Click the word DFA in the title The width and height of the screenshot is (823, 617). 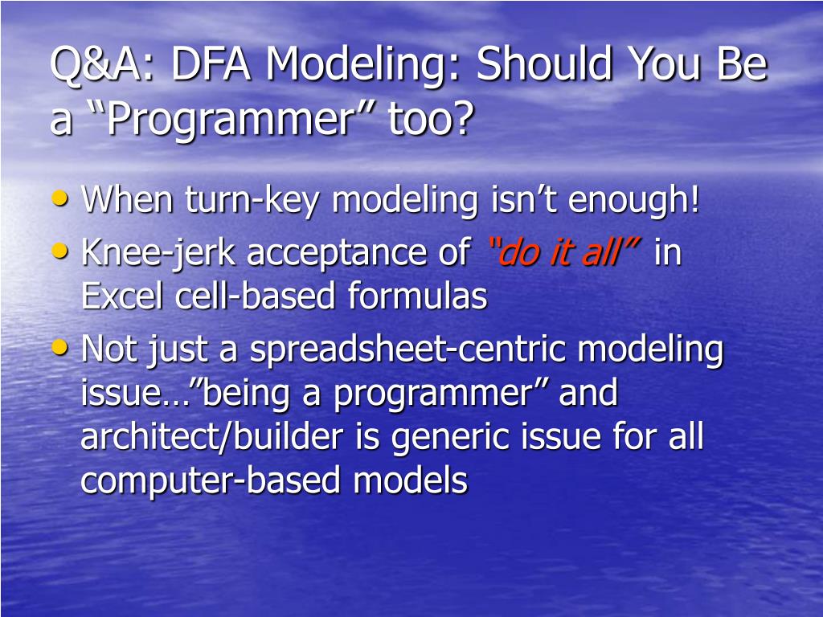click(211, 64)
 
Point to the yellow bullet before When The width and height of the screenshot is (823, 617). click(60, 198)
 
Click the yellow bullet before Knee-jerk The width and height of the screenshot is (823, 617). click(60, 251)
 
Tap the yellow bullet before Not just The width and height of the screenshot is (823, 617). click(60, 347)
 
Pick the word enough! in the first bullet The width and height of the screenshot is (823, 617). click(634, 200)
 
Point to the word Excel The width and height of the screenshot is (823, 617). click(122, 296)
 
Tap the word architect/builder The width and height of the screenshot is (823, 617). click(212, 436)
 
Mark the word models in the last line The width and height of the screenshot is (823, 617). click(411, 480)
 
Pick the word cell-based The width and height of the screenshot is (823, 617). click(255, 296)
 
